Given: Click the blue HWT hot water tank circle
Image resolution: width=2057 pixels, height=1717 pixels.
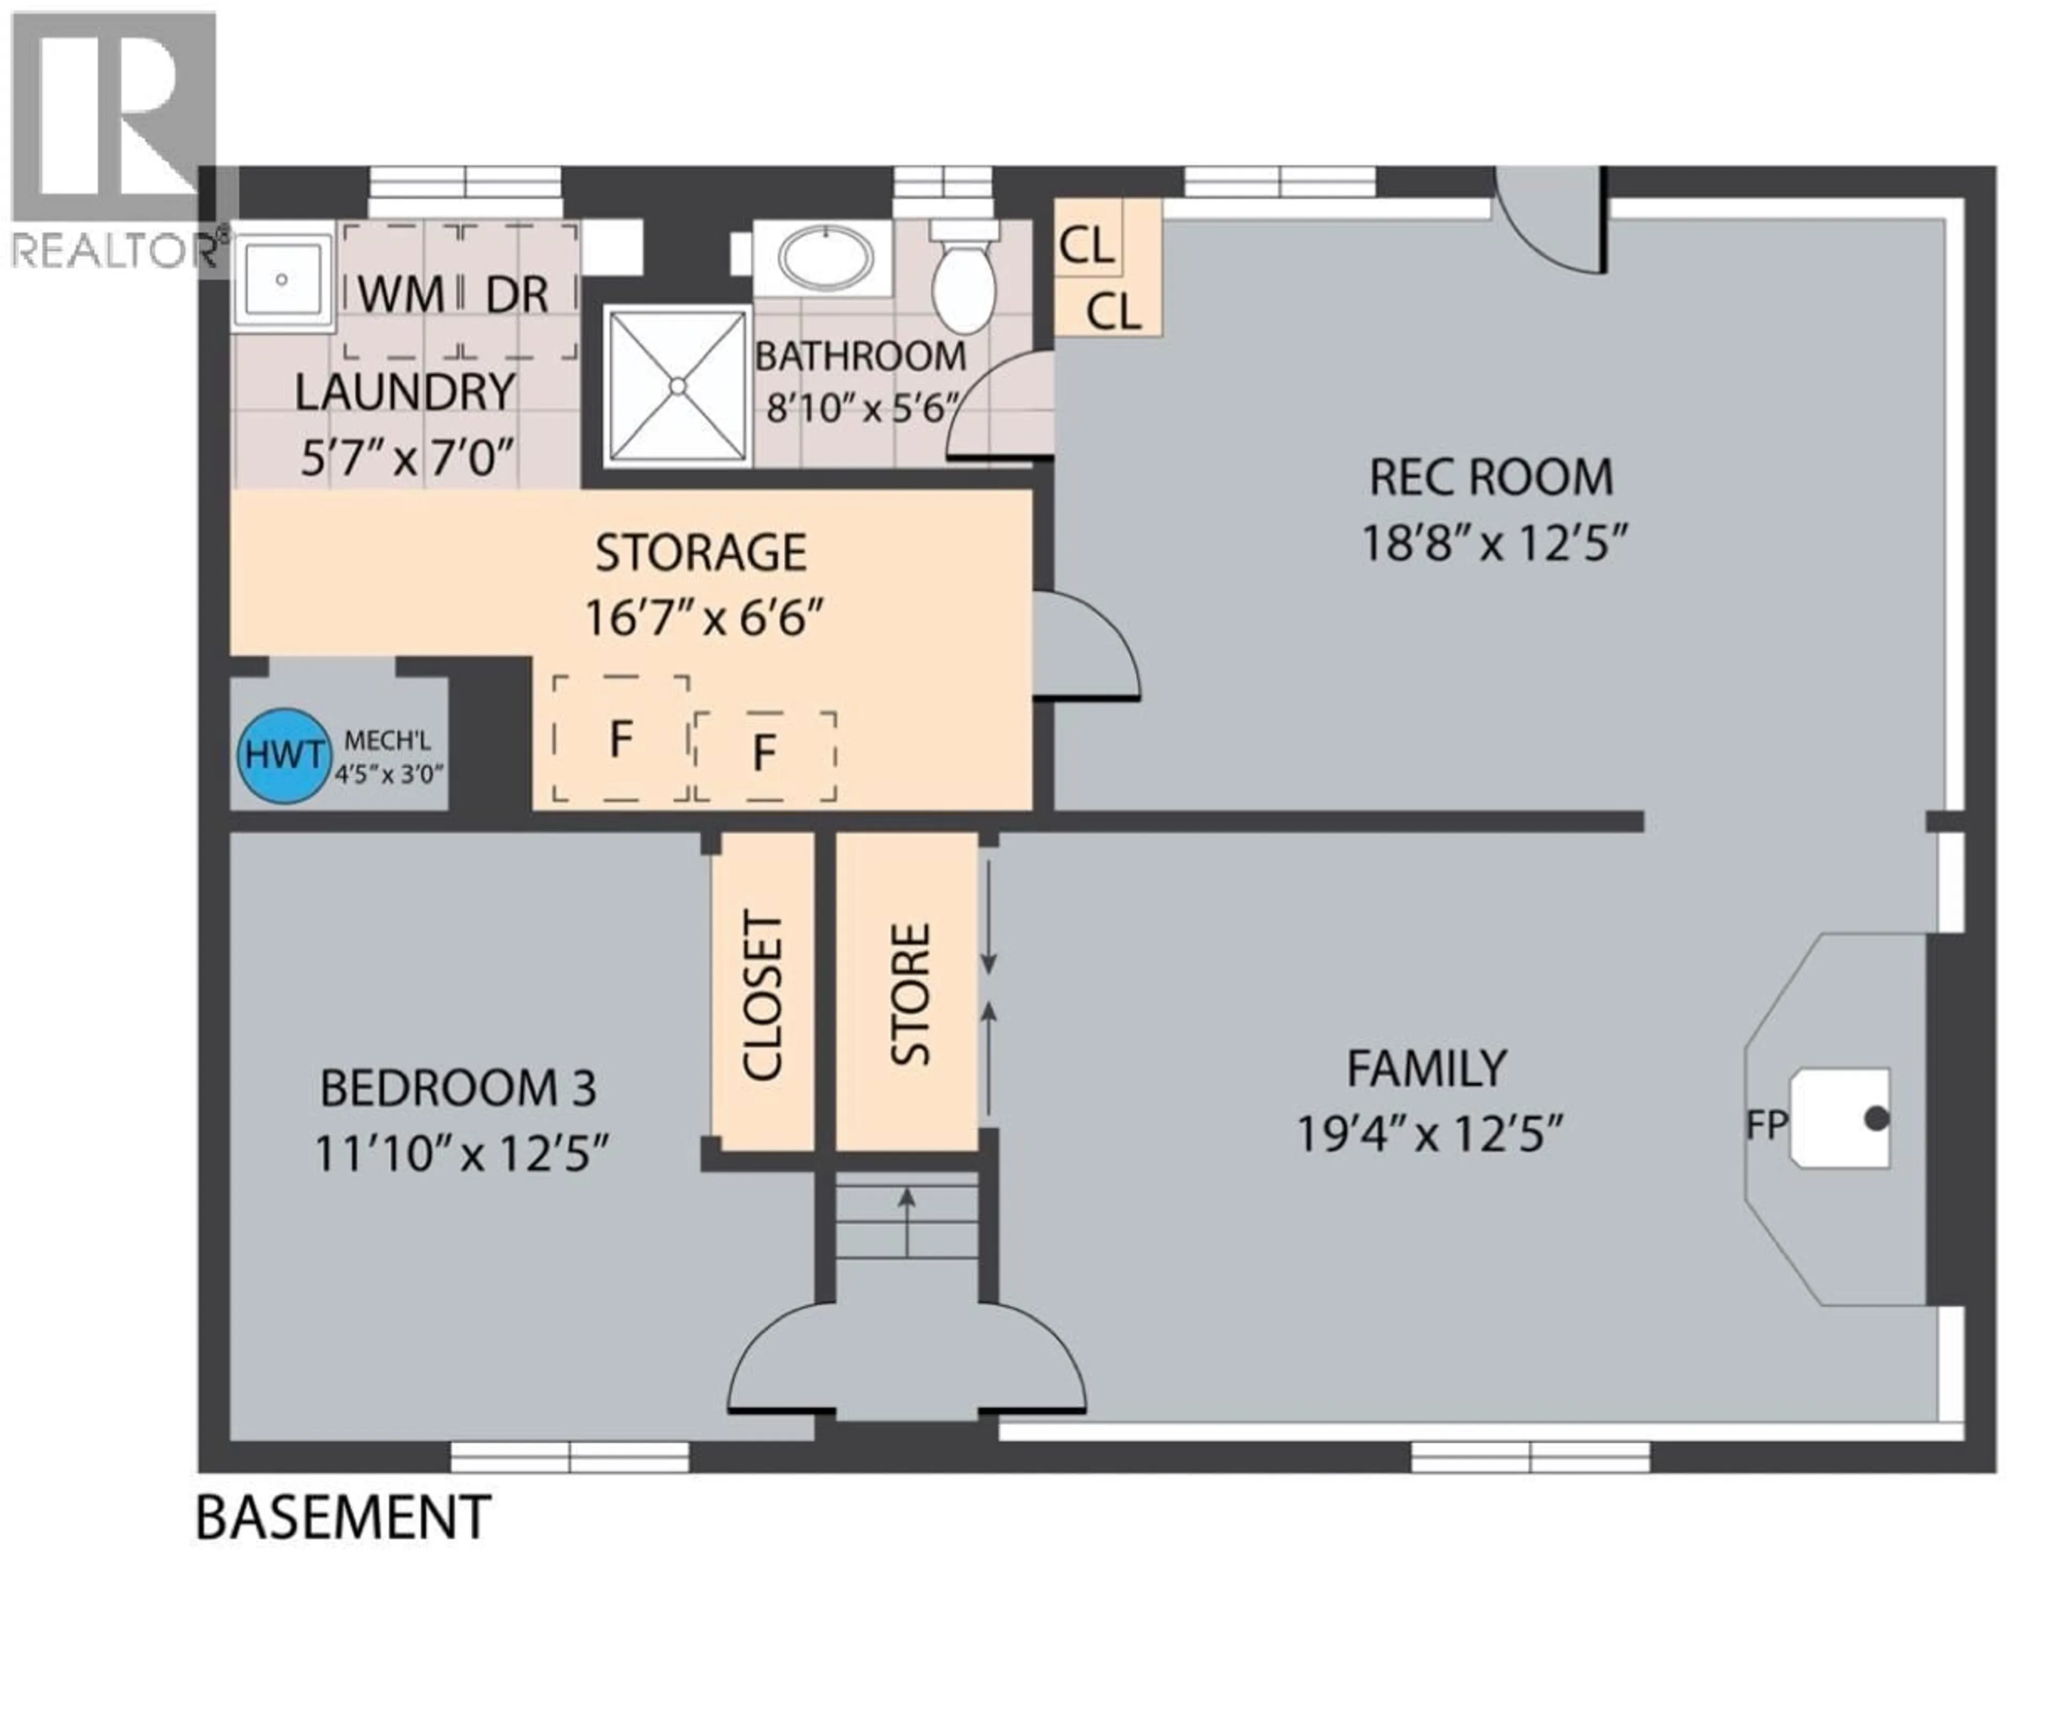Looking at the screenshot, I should point(283,755).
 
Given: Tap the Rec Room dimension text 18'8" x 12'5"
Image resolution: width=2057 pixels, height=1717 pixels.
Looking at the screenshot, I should point(1494,543).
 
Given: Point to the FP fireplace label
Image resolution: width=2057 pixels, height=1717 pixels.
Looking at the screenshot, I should point(1766,1126).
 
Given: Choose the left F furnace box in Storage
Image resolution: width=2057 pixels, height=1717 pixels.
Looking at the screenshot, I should point(620,739).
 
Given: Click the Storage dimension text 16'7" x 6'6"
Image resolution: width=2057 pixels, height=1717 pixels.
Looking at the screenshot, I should point(703,618).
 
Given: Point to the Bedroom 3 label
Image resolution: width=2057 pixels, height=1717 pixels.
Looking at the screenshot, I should point(457,1088).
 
